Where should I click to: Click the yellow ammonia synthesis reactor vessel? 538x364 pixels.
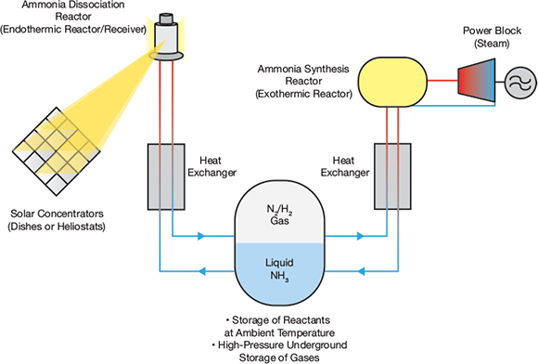click(393, 82)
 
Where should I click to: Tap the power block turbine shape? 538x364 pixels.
click(477, 81)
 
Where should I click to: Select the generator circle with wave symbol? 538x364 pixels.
click(520, 83)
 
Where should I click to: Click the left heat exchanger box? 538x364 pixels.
click(166, 176)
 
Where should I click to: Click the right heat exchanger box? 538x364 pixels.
click(392, 176)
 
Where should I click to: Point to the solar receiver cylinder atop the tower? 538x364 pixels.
click(167, 37)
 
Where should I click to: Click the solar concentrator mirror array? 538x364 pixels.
click(57, 151)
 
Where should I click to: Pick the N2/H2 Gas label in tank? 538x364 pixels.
click(279, 214)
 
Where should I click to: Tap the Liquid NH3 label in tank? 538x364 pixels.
click(279, 269)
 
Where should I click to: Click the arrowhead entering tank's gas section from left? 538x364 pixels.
click(202, 236)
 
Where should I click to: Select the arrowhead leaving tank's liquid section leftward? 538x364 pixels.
click(202, 271)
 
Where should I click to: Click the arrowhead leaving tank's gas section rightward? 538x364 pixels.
click(360, 236)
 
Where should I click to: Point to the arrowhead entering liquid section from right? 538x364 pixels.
click(361, 271)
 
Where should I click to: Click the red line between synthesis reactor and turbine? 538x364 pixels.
click(442, 81)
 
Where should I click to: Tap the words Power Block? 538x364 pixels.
click(492, 31)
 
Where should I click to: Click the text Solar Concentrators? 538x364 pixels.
click(57, 214)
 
